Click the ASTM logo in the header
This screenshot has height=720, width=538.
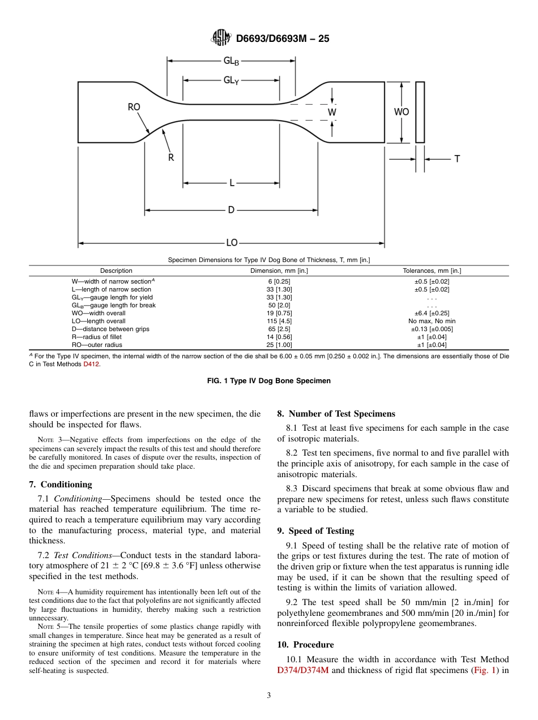point(221,38)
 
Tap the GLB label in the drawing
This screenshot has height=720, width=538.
point(230,61)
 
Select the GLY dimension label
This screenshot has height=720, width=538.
point(230,80)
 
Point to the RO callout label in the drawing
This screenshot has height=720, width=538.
point(134,107)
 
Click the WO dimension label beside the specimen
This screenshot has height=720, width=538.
point(402,112)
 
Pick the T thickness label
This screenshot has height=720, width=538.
point(457,159)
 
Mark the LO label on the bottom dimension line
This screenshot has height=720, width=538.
point(232,243)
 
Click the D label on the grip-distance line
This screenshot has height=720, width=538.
point(231,210)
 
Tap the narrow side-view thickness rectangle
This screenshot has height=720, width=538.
point(420,112)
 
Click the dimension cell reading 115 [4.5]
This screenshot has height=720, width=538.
point(279,321)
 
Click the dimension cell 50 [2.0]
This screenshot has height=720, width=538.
point(279,305)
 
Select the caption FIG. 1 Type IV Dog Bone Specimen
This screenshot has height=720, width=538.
point(269,381)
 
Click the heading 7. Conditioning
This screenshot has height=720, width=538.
point(61,485)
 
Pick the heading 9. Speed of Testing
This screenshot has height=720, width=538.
point(315,531)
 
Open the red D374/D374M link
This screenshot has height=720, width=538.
point(303,671)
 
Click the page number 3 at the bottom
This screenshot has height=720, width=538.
point(269,696)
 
